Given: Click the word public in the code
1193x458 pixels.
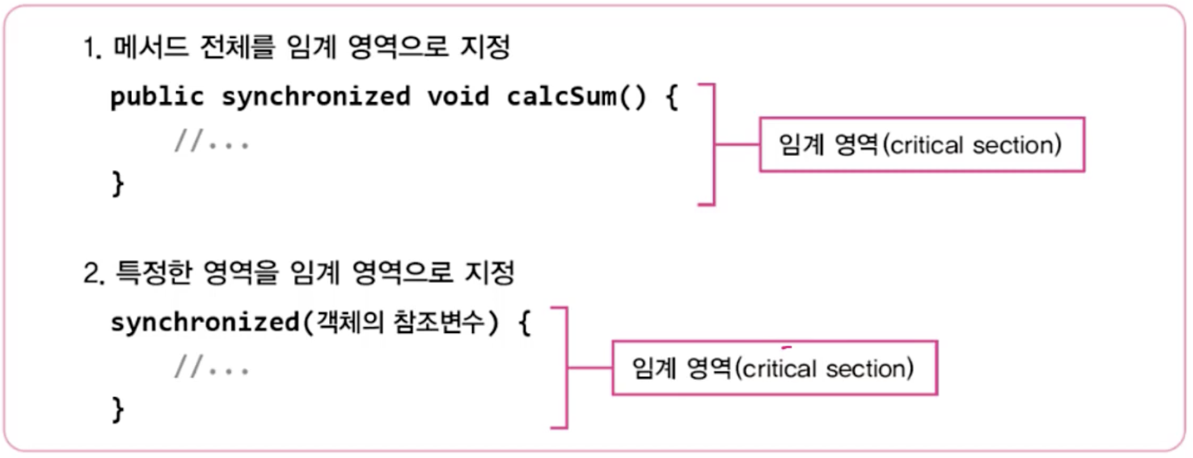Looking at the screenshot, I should pyautogui.click(x=157, y=97).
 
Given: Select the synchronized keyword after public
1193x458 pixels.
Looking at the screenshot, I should pyautogui.click(x=315, y=97).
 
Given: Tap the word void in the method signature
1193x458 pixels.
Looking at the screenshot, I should pyautogui.click(x=458, y=97).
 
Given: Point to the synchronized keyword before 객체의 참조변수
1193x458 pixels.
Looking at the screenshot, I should pyautogui.click(x=204, y=322).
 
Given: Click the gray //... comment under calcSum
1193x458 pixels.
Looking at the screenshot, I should pyautogui.click(x=212, y=141).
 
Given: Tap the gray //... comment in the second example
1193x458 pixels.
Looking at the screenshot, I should pyautogui.click(x=212, y=367).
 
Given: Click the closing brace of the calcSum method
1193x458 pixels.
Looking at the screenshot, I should pyautogui.click(x=118, y=184).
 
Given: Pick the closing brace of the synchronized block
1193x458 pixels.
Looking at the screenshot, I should pyautogui.click(x=118, y=410).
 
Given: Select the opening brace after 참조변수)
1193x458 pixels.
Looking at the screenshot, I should pyautogui.click(x=525, y=322).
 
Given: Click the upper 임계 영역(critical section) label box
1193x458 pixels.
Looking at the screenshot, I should pyautogui.click(x=922, y=145).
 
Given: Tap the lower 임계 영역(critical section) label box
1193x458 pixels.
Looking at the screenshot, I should pyautogui.click(x=774, y=368).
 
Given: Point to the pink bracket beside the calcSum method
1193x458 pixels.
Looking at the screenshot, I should pyautogui.click(x=714, y=145).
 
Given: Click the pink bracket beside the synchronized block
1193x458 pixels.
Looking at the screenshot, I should pyautogui.click(x=566, y=368).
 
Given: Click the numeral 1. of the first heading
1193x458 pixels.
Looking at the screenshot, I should pyautogui.click(x=93, y=48).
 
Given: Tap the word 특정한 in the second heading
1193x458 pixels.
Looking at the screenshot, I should pyautogui.click(x=153, y=273).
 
